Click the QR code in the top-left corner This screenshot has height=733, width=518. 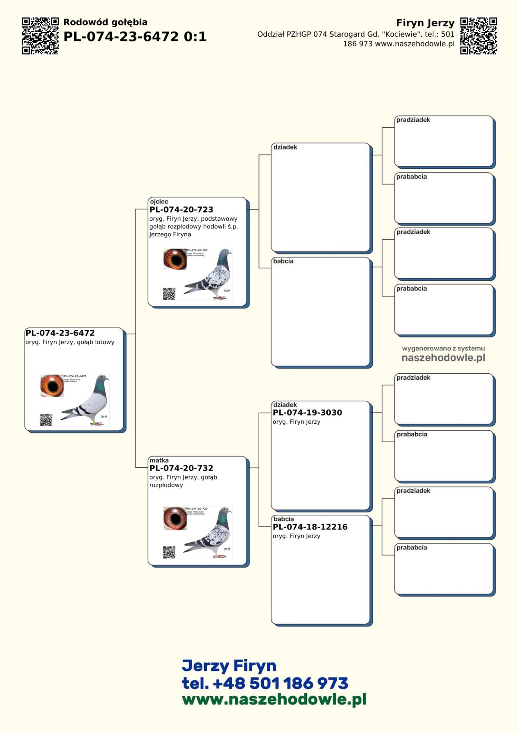click(x=40, y=36)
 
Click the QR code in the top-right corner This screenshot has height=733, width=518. click(x=478, y=36)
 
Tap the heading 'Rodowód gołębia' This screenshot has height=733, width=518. click(x=105, y=22)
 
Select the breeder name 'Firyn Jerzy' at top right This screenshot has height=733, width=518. click(x=425, y=23)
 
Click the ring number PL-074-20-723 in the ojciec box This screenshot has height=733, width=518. click(x=181, y=209)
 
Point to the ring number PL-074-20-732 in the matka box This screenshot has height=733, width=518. click(x=181, y=468)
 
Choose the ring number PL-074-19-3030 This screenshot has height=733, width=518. click(x=307, y=413)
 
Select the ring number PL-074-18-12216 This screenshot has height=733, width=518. click(x=310, y=527)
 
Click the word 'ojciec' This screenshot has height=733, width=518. click(x=159, y=201)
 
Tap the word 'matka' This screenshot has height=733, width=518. click(x=159, y=460)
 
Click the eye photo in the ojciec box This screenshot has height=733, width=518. click(x=175, y=259)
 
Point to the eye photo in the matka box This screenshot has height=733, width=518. click(x=175, y=518)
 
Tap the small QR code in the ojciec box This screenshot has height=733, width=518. click(x=169, y=294)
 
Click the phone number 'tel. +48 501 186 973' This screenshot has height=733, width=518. click(x=265, y=683)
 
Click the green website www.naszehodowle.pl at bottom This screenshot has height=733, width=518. click(x=274, y=699)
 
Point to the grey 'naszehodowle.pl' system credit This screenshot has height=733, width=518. click(x=443, y=358)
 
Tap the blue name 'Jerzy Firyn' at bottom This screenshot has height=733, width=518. click(x=229, y=666)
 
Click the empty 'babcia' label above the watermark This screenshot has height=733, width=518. click(x=283, y=261)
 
